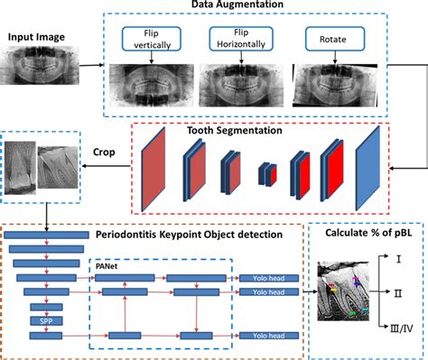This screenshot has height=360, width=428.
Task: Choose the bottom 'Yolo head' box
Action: [x=266, y=336]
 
